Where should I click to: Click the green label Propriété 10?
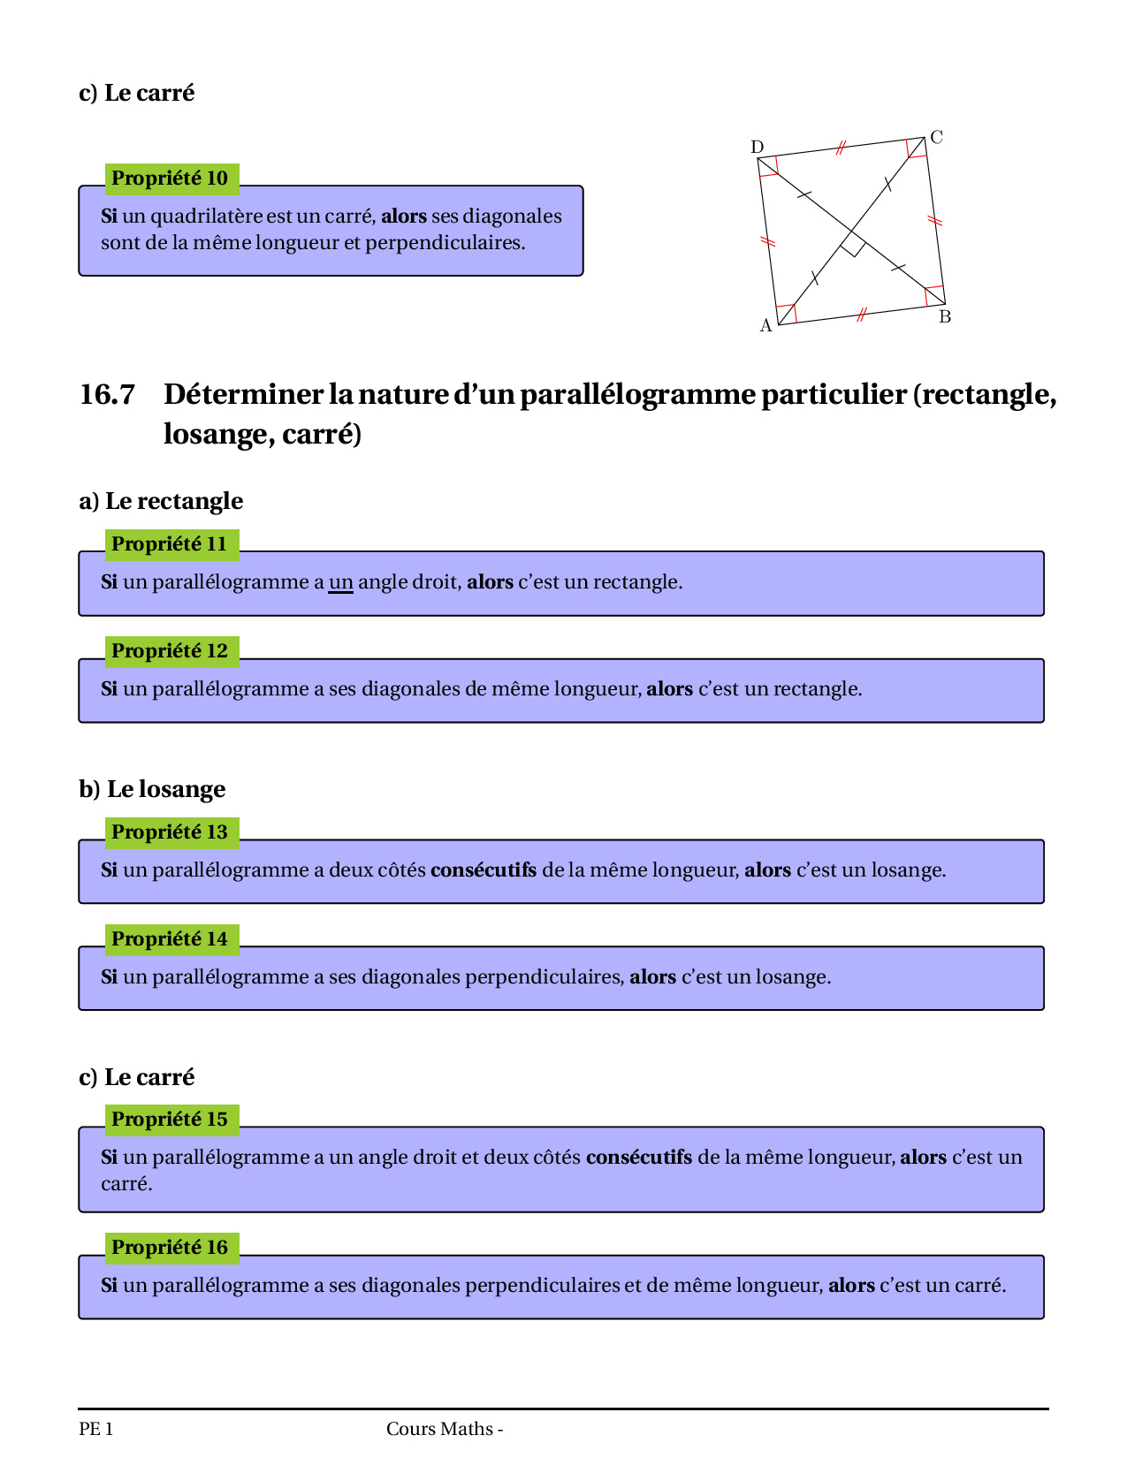pyautogui.click(x=171, y=178)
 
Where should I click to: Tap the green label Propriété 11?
pyautogui.click(x=171, y=544)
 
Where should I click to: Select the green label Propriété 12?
pyautogui.click(x=171, y=651)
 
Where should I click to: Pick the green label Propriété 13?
pyautogui.click(x=171, y=832)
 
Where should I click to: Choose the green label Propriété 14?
pyautogui.click(x=171, y=939)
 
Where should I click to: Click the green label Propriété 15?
pyautogui.click(x=171, y=1120)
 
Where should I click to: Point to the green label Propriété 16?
pyautogui.click(x=171, y=1248)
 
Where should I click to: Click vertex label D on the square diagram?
pyautogui.click(x=757, y=147)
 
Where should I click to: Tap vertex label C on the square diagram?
pyautogui.click(x=937, y=137)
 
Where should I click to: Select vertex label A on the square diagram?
pyautogui.click(x=766, y=326)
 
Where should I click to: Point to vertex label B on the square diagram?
pyautogui.click(x=945, y=317)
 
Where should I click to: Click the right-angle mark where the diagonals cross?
pyautogui.click(x=852, y=245)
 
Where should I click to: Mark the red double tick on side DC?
pyautogui.click(x=841, y=147)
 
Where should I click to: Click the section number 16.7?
pyautogui.click(x=107, y=394)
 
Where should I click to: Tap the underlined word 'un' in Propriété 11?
pyautogui.click(x=340, y=582)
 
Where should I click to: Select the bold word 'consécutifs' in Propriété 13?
pyautogui.click(x=484, y=870)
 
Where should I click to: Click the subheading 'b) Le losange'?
pyautogui.click(x=152, y=789)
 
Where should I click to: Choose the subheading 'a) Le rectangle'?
pyautogui.click(x=161, y=501)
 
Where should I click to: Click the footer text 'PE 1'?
pyautogui.click(x=95, y=1429)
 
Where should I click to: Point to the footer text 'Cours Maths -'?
pyautogui.click(x=445, y=1429)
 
